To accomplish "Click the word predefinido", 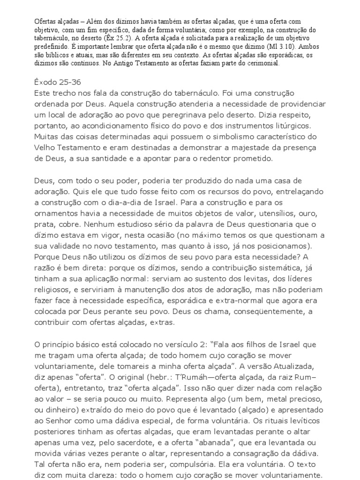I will pyautogui.click(x=54, y=47).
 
